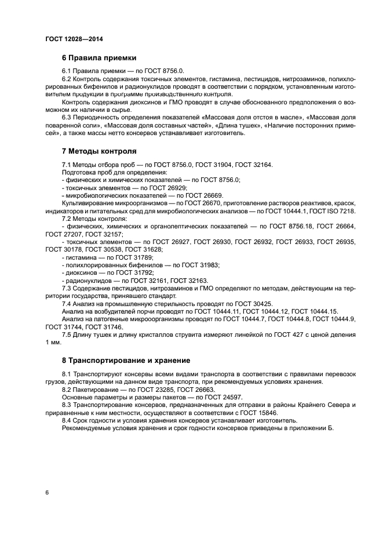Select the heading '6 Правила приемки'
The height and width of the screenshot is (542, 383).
click(99, 58)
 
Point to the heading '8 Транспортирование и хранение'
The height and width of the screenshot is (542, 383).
click(126, 360)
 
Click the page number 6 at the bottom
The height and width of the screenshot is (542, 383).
click(47, 492)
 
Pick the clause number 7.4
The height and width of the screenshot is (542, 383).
click(67, 303)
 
